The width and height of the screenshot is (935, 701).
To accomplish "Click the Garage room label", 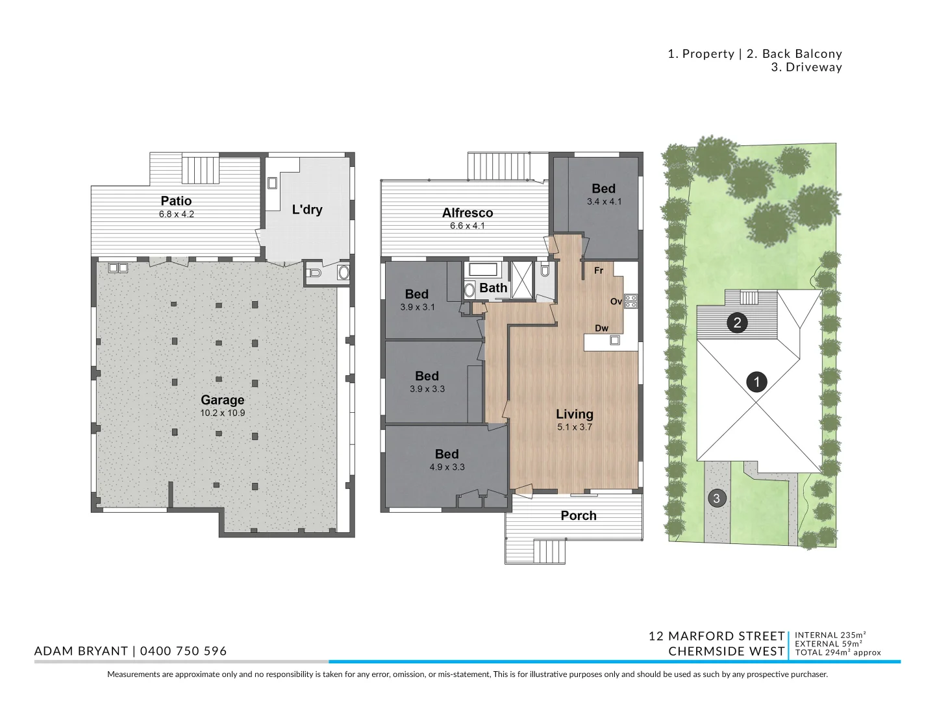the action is click(x=222, y=400).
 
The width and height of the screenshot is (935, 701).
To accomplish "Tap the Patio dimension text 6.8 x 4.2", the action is click(x=177, y=214).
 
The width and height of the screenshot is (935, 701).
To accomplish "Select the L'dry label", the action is click(x=307, y=210).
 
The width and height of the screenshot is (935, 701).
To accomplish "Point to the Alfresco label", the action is click(x=467, y=212).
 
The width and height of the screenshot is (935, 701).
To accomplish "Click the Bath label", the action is click(x=493, y=288).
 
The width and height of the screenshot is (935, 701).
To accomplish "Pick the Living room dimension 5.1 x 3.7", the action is click(x=575, y=427).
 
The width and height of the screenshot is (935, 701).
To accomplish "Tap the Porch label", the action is click(x=578, y=515).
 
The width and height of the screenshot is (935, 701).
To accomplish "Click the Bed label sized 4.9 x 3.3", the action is click(x=447, y=454).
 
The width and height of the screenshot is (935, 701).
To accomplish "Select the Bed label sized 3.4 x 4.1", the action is click(x=604, y=188).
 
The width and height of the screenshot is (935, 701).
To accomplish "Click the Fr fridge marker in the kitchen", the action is click(x=599, y=270).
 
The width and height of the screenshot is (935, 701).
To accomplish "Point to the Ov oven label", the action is click(x=616, y=301).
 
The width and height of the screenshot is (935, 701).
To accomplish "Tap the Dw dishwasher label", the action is click(x=601, y=328).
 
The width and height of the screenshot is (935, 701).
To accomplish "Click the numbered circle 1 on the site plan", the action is click(x=756, y=382).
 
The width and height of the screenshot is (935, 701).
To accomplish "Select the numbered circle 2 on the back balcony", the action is click(x=737, y=323).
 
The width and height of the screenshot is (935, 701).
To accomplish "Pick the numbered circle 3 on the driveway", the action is click(x=716, y=498).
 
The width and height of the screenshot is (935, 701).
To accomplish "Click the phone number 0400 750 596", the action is click(x=183, y=651).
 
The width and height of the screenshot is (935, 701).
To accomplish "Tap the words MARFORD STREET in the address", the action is click(x=727, y=636).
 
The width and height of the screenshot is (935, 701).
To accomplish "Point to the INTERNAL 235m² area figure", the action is click(x=830, y=635).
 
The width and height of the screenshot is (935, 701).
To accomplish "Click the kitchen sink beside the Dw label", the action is click(x=615, y=340).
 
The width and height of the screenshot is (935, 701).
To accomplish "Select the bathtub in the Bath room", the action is click(x=482, y=269).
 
